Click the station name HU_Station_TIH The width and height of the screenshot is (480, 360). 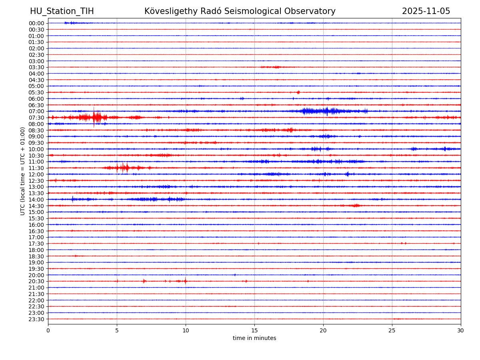tap(62, 11)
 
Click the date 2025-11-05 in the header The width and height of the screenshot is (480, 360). tap(426, 11)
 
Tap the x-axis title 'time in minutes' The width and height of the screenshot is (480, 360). tap(254, 338)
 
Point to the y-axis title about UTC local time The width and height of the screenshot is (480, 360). tap(23, 171)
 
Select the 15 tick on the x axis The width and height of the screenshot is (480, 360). tap(254, 331)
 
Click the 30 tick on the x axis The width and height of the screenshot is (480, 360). tap(461, 331)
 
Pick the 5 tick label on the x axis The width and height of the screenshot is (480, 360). tap(117, 331)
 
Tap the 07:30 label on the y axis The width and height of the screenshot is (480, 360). tap(36, 118)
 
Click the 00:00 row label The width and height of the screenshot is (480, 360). tap(36, 23)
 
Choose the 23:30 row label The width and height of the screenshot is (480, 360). tap(36, 319)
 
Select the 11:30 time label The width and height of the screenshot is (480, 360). tap(36, 168)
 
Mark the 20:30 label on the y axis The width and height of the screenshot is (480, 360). tap(36, 281)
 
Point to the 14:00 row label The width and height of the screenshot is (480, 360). tap(36, 200)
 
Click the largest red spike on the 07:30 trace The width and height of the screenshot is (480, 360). tap(94, 117)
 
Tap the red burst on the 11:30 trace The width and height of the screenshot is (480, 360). tap(122, 168)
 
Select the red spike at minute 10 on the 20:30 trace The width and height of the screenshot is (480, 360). tap(186, 281)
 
